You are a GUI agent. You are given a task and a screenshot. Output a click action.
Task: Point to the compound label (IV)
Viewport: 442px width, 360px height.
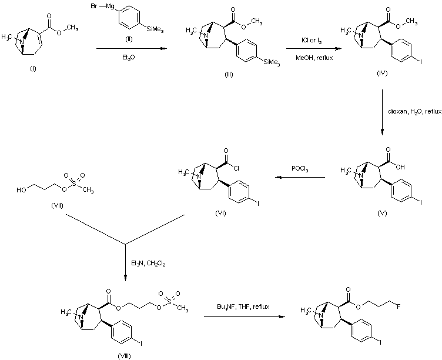point(382,78)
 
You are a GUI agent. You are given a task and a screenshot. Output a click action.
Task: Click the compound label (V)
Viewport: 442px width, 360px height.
point(383,212)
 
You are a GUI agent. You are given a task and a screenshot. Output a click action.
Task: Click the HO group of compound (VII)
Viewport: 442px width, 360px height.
point(21,190)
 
